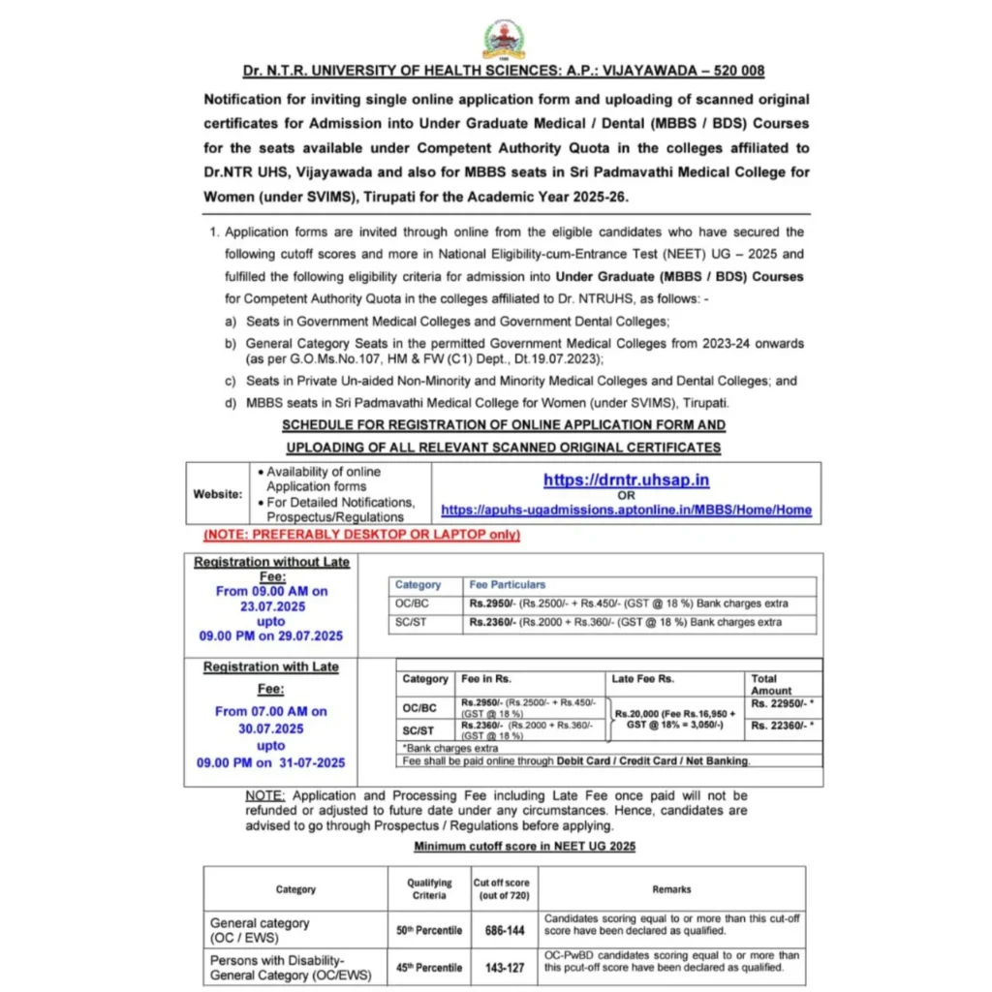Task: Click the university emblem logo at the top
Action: pos(504,40)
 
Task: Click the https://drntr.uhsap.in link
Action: pos(626,480)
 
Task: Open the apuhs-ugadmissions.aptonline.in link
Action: pos(626,510)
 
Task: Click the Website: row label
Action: pos(218,494)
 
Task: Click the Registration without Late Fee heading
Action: pos(271,569)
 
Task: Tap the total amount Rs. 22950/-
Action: pos(782,703)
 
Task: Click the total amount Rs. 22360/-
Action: pos(782,726)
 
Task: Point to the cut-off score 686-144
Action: pos(506,930)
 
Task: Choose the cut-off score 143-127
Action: pos(506,967)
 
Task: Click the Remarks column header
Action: pos(671,888)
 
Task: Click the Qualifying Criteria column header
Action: pos(429,888)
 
